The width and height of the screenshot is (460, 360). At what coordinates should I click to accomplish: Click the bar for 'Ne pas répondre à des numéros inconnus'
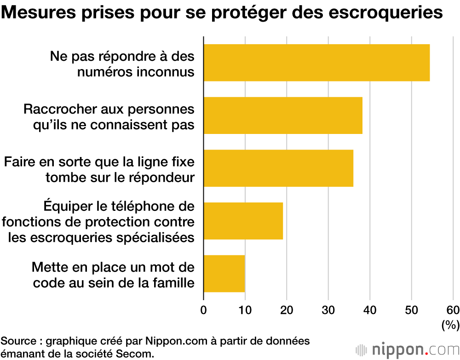pyautogui.click(x=316, y=63)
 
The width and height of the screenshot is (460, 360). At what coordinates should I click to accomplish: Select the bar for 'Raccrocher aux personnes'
pyautogui.click(x=283, y=115)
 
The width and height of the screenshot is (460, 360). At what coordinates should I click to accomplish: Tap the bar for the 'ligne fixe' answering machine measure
pyautogui.click(x=278, y=168)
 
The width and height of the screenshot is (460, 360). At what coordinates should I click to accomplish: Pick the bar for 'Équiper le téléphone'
pyautogui.click(x=243, y=221)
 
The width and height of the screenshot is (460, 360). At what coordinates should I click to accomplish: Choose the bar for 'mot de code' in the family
pyautogui.click(x=224, y=273)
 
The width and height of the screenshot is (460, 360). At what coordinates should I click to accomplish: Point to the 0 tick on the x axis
pyautogui.click(x=204, y=309)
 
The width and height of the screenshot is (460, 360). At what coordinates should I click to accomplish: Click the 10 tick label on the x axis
pyautogui.click(x=245, y=309)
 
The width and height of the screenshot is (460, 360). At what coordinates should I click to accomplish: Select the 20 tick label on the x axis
pyautogui.click(x=287, y=309)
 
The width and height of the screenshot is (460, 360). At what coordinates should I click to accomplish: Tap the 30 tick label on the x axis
pyautogui.click(x=328, y=309)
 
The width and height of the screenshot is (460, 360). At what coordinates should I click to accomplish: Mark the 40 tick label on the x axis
pyautogui.click(x=370, y=309)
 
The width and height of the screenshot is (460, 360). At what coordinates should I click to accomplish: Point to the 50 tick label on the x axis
pyautogui.click(x=411, y=309)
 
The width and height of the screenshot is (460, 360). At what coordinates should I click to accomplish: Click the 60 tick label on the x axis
pyautogui.click(x=453, y=309)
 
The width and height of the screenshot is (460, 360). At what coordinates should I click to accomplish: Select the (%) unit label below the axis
pyautogui.click(x=450, y=325)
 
